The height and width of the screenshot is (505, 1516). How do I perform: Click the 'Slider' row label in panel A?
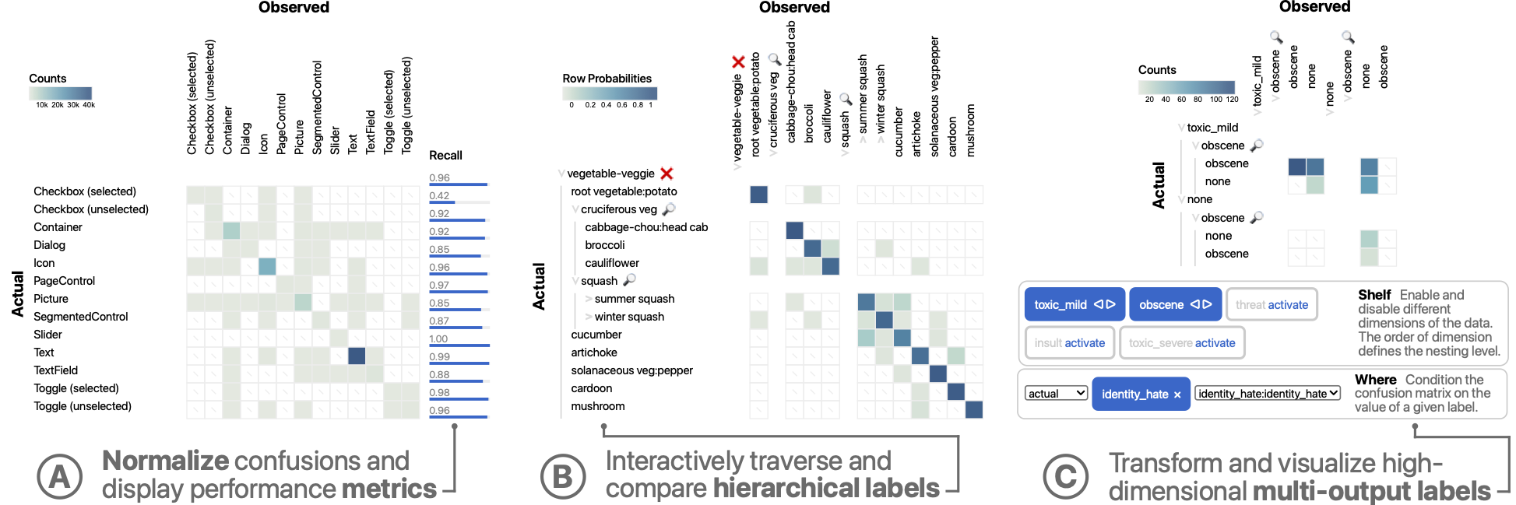[47, 335]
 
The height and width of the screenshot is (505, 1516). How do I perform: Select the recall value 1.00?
[438, 338]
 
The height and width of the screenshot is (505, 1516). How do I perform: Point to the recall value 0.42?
[439, 195]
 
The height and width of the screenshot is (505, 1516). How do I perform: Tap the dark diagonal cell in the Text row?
[357, 356]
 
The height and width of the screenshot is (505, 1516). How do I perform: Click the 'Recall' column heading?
[445, 156]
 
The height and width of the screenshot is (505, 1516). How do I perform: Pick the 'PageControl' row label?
[64, 281]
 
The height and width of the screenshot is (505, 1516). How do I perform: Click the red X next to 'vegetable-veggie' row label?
[667, 174]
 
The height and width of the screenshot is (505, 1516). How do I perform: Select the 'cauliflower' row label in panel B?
[612, 263]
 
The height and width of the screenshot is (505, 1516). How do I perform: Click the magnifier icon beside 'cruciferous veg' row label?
[668, 209]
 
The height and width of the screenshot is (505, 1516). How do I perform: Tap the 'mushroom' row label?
[597, 406]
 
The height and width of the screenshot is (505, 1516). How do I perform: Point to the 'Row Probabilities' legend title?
[607, 79]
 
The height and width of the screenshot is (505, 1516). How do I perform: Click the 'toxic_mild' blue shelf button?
[1074, 304]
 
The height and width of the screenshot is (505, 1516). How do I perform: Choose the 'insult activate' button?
[1069, 342]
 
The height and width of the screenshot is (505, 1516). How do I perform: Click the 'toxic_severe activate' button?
[1181, 342]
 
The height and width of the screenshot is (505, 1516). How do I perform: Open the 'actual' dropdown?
[1056, 394]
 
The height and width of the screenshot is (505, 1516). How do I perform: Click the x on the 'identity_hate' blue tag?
[1177, 395]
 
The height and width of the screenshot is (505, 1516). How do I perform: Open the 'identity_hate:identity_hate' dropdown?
[1268, 394]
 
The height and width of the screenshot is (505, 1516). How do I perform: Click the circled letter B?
[563, 477]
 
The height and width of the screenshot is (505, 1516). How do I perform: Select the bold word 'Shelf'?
[1374, 295]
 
